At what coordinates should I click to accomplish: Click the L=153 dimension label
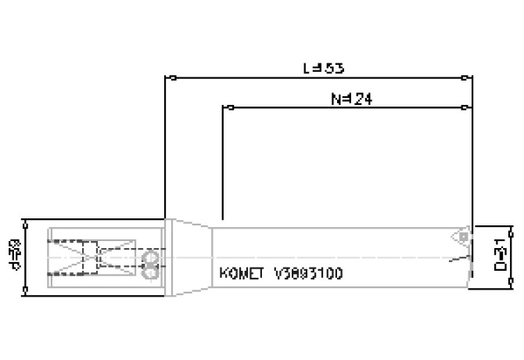click(323, 67)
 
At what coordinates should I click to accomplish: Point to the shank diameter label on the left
click(15, 256)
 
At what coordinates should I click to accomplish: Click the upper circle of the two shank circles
click(151, 257)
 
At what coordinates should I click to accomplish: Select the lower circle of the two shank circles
click(151, 272)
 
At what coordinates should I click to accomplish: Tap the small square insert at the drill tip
click(463, 234)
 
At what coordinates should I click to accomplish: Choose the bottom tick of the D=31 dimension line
click(511, 288)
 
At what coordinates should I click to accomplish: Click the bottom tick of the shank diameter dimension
click(27, 290)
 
